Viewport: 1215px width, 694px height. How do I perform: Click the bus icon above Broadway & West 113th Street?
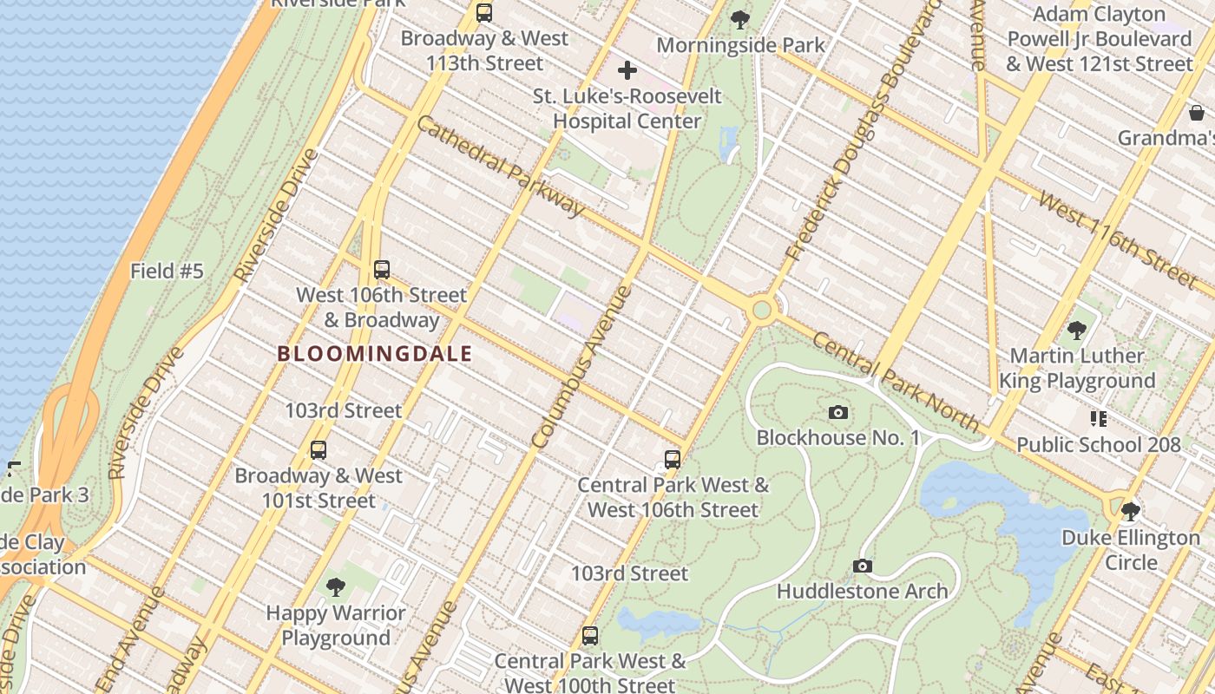click(x=484, y=13)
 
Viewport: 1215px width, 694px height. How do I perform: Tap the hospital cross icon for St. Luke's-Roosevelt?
click(x=627, y=70)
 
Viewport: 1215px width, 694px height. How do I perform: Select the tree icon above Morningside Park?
click(x=740, y=19)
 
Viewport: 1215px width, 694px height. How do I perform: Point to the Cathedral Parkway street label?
click(x=501, y=165)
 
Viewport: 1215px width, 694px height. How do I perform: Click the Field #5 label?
click(x=167, y=272)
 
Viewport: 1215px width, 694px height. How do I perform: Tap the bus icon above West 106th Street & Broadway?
click(x=382, y=270)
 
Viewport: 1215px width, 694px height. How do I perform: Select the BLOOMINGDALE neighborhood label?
click(x=375, y=354)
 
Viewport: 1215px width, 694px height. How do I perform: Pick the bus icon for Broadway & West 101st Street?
click(x=319, y=450)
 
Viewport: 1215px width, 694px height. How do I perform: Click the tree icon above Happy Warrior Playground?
click(x=336, y=587)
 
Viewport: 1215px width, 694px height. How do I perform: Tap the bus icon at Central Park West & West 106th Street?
click(x=673, y=460)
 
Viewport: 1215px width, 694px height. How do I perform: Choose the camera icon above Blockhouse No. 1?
click(x=838, y=412)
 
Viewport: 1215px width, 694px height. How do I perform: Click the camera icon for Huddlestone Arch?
click(x=862, y=566)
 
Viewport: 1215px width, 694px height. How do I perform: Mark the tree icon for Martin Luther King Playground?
click(x=1077, y=331)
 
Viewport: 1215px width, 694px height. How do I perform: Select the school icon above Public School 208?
click(x=1099, y=419)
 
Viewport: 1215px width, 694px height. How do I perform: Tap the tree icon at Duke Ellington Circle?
click(x=1130, y=512)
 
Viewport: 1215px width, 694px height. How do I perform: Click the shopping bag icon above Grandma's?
click(x=1197, y=113)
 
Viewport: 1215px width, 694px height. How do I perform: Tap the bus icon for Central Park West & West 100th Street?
click(x=590, y=635)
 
